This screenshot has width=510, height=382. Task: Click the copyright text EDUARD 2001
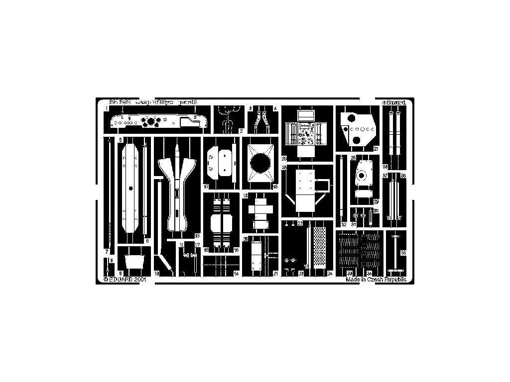125,280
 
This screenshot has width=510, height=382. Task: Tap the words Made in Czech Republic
376,280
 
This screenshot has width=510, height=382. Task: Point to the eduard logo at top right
395,102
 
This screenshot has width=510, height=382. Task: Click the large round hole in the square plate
260,164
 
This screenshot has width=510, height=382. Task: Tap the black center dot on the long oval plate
130,188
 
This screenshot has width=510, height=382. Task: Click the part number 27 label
377,148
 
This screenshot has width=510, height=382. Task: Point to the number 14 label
236,274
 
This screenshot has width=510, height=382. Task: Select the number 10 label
156,274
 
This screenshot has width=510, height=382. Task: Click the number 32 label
344,225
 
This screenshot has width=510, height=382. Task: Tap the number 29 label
377,201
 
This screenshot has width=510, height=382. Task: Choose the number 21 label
275,274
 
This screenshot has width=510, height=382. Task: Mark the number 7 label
107,252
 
